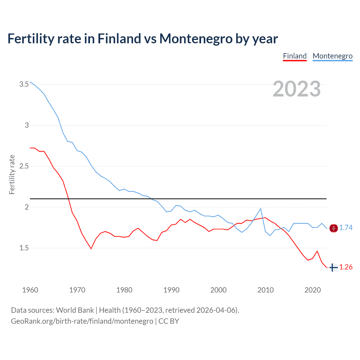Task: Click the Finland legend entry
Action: pyautogui.click(x=294, y=56)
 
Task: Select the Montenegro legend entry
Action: pyautogui.click(x=332, y=56)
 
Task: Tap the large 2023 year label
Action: pyautogui.click(x=297, y=89)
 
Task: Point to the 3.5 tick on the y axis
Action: pyautogui.click(x=24, y=84)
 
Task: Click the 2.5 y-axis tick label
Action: pyautogui.click(x=24, y=166)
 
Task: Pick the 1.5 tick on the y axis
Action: pyautogui.click(x=24, y=248)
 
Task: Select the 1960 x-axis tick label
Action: pyautogui.click(x=30, y=290)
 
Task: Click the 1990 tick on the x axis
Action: pyautogui.click(x=171, y=290)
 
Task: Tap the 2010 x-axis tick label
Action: pyautogui.click(x=265, y=290)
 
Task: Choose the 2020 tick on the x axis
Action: pyautogui.click(x=312, y=290)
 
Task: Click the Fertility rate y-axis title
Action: pyautogui.click(x=12, y=174)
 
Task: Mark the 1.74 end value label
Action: pyautogui.click(x=346, y=228)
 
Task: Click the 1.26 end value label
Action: pyautogui.click(x=346, y=267)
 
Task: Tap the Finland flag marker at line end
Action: pyautogui.click(x=333, y=267)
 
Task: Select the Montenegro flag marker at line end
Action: pyautogui.click(x=333, y=228)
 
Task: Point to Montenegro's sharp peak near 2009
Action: pyautogui.click(x=261, y=209)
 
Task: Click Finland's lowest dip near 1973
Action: pyautogui.click(x=91, y=249)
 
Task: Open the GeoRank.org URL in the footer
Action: pyautogui.click(x=82, y=321)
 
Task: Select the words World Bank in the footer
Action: pyautogui.click(x=75, y=310)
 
